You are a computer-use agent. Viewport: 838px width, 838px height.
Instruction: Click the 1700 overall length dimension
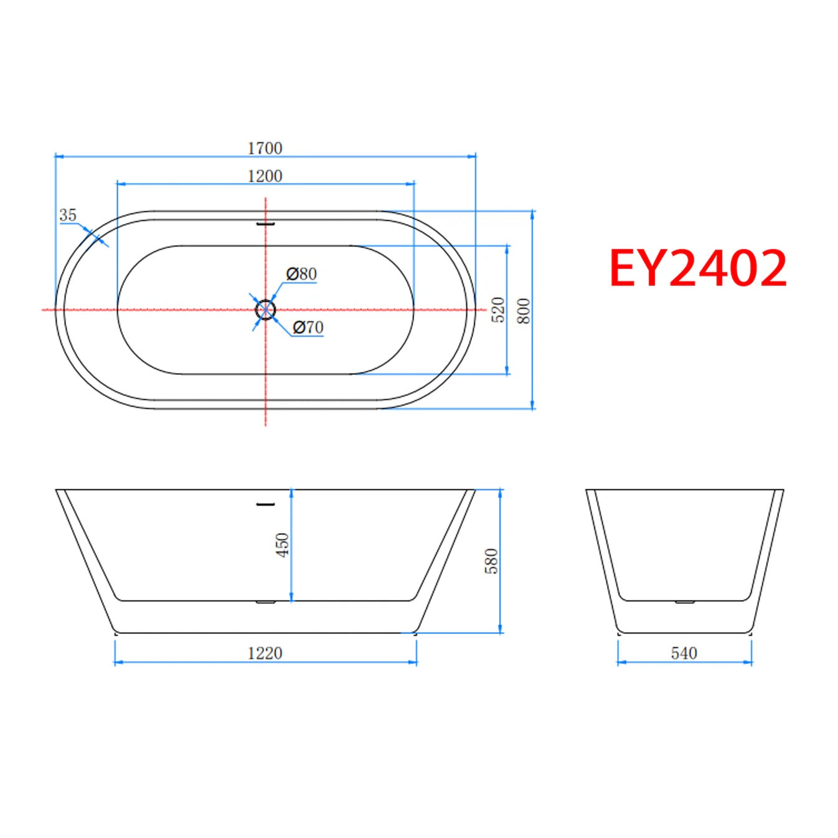click(x=265, y=149)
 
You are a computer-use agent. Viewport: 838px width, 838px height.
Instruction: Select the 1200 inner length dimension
click(x=265, y=176)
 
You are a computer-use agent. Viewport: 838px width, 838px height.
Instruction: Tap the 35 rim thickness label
click(x=68, y=215)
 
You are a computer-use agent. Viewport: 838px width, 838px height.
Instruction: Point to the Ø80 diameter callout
click(x=301, y=274)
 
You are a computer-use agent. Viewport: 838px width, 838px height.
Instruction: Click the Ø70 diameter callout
click(x=308, y=327)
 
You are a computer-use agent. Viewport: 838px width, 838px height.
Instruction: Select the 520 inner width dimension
click(x=499, y=309)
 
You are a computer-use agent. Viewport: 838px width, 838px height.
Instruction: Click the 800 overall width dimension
click(x=525, y=311)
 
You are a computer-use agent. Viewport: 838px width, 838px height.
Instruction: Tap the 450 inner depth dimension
click(x=283, y=545)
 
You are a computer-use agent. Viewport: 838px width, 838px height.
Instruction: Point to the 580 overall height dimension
click(x=491, y=561)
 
